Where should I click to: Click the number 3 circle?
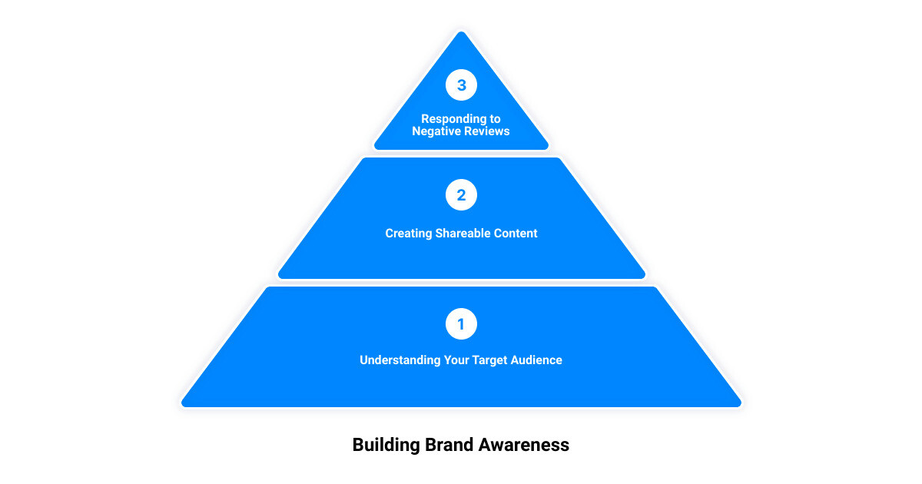click(x=461, y=85)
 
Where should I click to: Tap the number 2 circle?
click(x=461, y=195)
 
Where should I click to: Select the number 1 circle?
click(x=461, y=324)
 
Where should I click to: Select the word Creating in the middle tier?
click(x=408, y=234)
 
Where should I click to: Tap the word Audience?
click(x=537, y=360)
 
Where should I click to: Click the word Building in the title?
click(x=386, y=445)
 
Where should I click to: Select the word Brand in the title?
click(x=449, y=445)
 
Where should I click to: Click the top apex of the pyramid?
click(x=461, y=32)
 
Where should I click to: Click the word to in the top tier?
click(x=494, y=119)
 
